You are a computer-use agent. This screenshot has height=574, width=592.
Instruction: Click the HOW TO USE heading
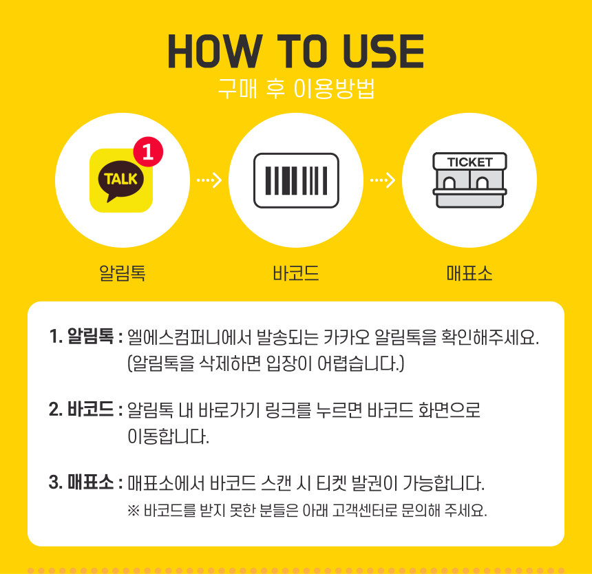click(296, 51)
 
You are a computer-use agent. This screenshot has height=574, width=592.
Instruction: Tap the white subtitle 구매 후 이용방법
click(297, 89)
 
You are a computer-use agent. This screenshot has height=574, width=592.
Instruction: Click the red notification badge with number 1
click(148, 151)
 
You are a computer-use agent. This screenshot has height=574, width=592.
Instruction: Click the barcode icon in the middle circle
click(297, 180)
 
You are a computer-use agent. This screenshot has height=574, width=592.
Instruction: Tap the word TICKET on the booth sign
click(469, 162)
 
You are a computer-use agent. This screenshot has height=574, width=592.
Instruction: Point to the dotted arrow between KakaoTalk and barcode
click(209, 180)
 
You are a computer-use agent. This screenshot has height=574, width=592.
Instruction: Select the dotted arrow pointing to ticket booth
click(383, 180)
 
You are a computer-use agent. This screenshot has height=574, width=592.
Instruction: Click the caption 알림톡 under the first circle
click(123, 273)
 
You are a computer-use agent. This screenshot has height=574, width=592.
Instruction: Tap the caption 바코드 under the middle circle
click(296, 273)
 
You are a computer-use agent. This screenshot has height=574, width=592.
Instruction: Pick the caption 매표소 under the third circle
click(469, 273)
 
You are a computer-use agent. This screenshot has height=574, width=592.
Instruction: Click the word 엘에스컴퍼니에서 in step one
click(189, 337)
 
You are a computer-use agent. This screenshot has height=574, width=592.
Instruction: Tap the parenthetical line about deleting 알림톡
click(266, 363)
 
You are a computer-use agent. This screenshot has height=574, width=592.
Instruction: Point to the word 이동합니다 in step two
click(169, 436)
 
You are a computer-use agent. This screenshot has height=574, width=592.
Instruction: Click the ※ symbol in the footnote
click(134, 511)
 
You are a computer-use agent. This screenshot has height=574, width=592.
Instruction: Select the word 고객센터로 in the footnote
click(365, 511)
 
